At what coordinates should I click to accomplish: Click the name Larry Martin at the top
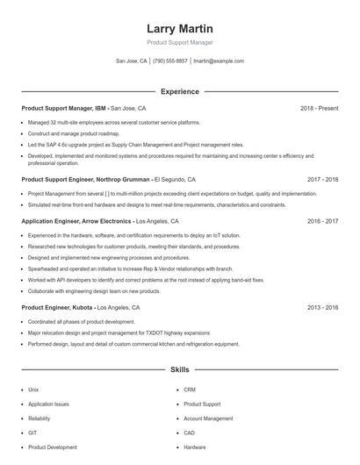tap(179, 28)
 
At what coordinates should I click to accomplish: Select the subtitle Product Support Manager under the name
tap(179, 42)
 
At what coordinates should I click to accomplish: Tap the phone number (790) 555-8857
tap(170, 61)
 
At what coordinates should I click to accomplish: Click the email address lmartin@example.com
tap(219, 61)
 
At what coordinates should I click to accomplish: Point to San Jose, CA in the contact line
tap(132, 61)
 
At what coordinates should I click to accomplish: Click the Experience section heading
tap(179, 91)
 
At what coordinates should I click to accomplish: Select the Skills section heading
tap(179, 370)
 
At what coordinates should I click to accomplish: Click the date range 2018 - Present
tap(319, 108)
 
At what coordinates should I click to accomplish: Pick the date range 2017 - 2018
tap(322, 179)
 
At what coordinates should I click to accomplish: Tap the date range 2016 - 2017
tap(322, 222)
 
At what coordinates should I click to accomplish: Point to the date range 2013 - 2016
tap(322, 308)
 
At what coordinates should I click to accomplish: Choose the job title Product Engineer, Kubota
tap(56, 308)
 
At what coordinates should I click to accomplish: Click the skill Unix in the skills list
tap(33, 390)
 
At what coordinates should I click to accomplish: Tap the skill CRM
tap(190, 390)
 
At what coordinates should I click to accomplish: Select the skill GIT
tap(32, 433)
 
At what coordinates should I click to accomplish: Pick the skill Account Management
tap(208, 418)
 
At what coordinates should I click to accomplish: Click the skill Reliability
tap(40, 418)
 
